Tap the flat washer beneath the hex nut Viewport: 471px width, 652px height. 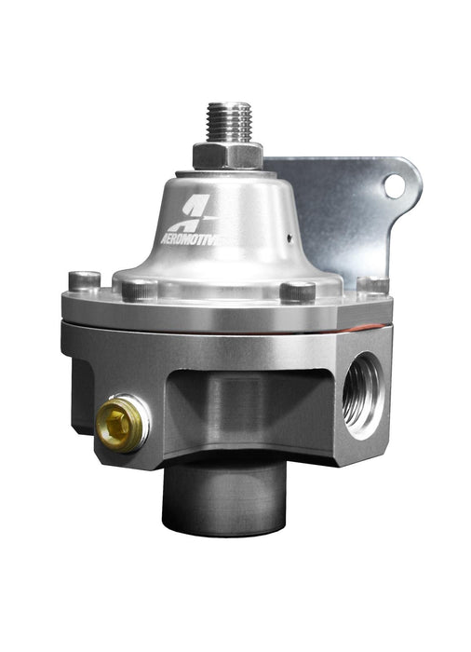(226, 171)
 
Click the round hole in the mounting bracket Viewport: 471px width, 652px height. (394, 185)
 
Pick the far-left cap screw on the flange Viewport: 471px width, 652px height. (85, 279)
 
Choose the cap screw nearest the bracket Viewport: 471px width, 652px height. (372, 283)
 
